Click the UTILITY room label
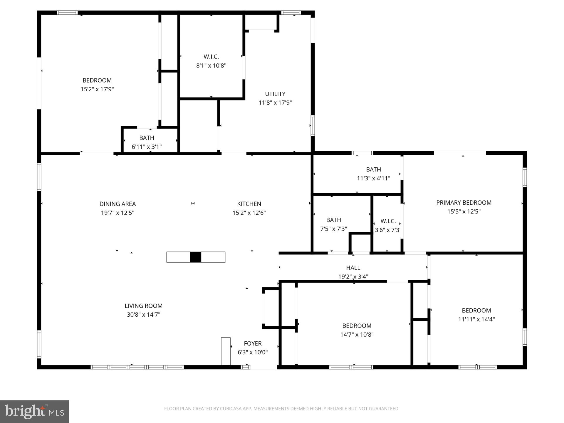tap(275, 94)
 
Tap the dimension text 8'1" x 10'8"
tap(211, 66)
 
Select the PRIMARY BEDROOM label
tap(464, 202)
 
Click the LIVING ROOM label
tap(143, 305)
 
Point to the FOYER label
tap(253, 343)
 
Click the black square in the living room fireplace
tap(196, 257)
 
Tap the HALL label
tap(353, 268)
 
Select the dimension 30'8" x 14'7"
tap(143, 314)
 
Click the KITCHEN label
tap(249, 204)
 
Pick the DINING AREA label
tap(117, 204)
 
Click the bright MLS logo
tap(34, 412)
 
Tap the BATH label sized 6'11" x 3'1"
tap(147, 138)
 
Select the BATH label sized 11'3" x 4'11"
tap(373, 169)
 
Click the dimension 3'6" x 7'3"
tap(388, 230)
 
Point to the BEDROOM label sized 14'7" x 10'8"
tap(357, 325)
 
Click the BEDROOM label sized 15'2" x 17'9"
tap(97, 80)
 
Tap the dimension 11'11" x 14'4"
tap(476, 319)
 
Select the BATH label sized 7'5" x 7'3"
tap(333, 220)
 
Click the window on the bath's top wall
tap(362, 153)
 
